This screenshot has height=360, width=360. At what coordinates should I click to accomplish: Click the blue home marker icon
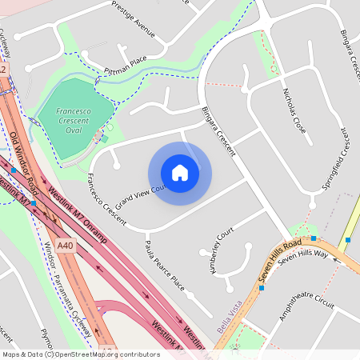coord(180,173)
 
